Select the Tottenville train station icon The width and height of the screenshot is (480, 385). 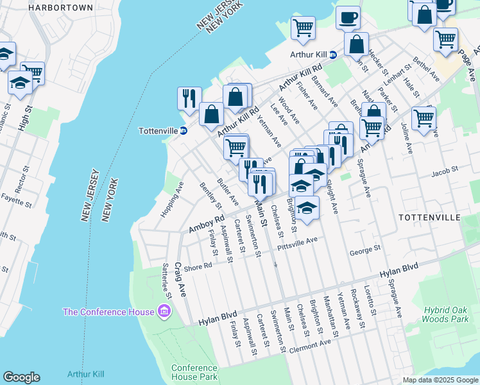[184, 131]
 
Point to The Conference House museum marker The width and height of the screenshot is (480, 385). [164, 312]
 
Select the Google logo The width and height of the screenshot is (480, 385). [22, 377]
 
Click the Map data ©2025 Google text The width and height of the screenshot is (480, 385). [440, 380]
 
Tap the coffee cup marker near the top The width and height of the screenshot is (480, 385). [348, 18]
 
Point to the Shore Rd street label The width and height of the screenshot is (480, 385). [198, 266]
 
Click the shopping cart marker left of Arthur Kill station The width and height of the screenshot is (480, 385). [302, 27]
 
